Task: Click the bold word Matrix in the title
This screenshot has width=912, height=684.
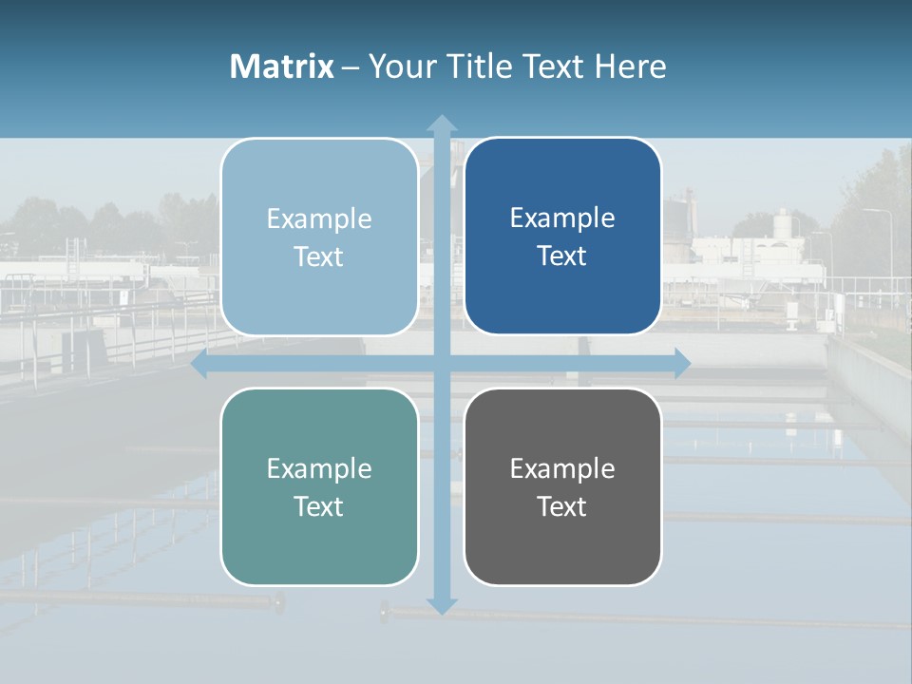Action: (282, 66)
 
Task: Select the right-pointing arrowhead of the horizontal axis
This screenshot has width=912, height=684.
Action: (681, 364)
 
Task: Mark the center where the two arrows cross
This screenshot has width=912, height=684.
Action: (442, 364)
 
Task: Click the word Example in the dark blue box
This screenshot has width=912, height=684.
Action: (562, 218)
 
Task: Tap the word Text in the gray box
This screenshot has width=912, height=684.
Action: (562, 506)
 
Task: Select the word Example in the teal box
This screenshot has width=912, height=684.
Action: (319, 468)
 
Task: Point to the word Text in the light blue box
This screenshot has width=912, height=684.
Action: (319, 256)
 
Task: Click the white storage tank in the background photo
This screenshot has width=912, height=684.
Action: (782, 224)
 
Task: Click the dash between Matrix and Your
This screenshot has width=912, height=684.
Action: (351, 67)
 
